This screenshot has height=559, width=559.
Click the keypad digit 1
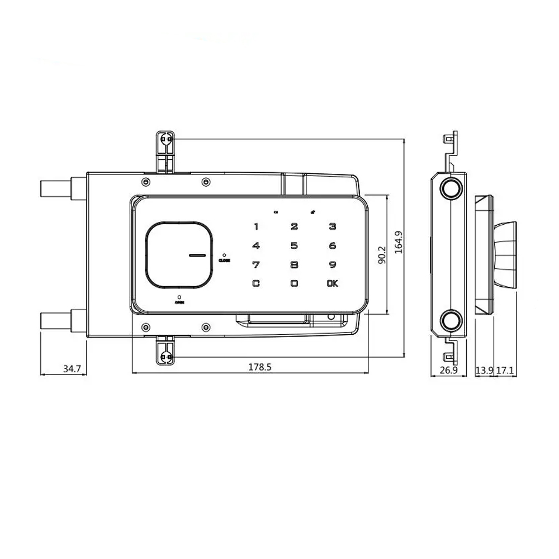coord(257,226)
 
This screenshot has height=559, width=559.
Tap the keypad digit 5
coord(294,245)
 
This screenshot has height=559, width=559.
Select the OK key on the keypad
coord(333,283)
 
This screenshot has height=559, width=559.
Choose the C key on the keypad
coord(256,283)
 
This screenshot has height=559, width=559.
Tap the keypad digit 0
coord(294,283)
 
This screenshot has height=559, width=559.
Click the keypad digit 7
coord(256,264)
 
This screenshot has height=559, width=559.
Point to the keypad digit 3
coord(333,226)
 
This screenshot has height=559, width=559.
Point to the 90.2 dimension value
coord(382,254)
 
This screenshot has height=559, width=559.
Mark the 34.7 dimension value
coord(72,368)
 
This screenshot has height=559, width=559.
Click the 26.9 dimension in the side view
coord(448,370)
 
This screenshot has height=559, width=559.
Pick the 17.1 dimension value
coord(505,370)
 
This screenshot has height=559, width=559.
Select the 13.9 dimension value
coord(484,370)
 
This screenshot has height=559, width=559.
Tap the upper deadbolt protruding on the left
coord(56,188)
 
